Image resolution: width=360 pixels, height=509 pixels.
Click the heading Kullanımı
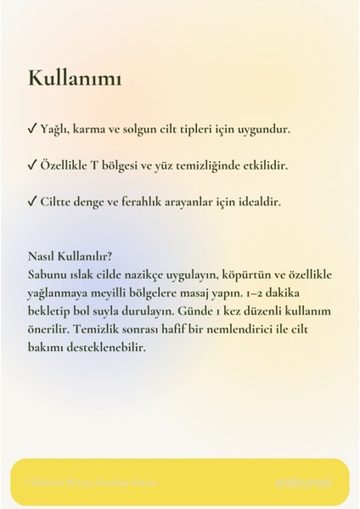coord(75,80)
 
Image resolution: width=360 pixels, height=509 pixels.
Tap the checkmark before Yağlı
coord(31,130)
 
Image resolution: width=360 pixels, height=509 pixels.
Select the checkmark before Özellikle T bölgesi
coord(31,166)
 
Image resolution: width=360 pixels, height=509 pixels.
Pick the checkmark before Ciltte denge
coord(31,203)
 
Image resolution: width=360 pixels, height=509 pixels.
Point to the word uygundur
coord(264,130)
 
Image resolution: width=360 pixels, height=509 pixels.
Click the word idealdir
coord(256,203)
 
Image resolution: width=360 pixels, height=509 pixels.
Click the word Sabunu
coord(48,275)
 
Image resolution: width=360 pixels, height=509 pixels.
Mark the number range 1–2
coord(256,294)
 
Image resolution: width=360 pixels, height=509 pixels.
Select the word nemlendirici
coord(245,329)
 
